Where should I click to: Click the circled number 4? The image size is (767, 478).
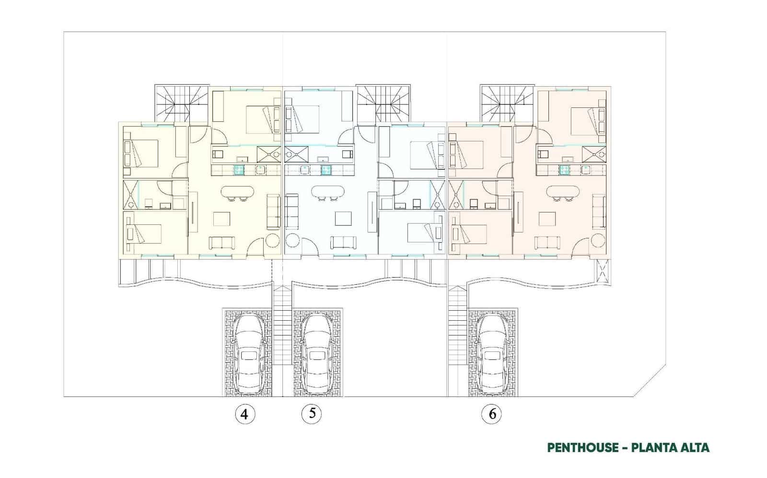point(245,414)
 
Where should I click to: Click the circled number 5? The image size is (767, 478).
point(312,413)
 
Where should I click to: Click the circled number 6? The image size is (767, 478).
point(492,414)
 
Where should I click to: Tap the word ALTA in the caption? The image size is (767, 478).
point(693,448)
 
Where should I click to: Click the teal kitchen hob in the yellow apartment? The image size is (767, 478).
point(239,169)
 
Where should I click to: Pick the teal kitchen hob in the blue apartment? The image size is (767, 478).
point(326,169)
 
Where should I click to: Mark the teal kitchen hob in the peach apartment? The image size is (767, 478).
point(565,169)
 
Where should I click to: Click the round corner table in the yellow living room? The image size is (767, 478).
point(273,240)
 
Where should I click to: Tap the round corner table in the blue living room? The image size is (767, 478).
point(292,240)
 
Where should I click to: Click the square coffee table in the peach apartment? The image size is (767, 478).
point(547,219)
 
